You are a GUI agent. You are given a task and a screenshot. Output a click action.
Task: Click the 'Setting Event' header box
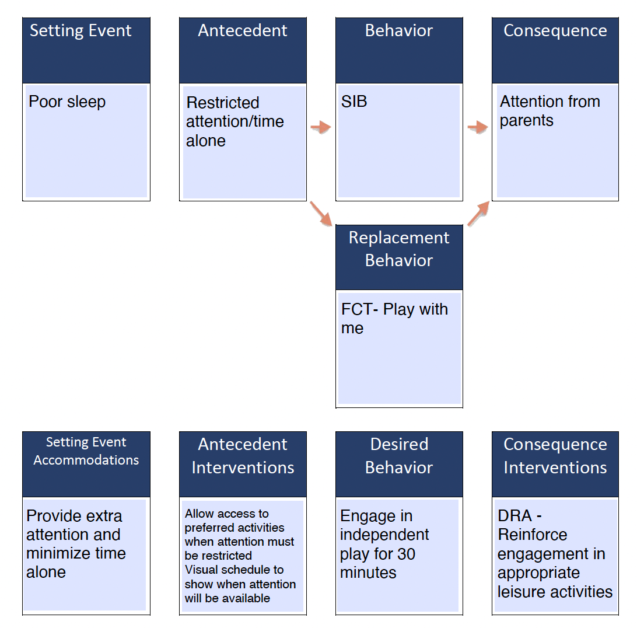click(x=86, y=50)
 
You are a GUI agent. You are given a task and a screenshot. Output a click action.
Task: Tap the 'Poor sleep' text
click(x=67, y=102)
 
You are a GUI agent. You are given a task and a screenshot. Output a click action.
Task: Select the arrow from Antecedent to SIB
click(x=320, y=127)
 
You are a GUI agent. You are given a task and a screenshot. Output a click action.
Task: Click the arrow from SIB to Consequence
click(x=477, y=127)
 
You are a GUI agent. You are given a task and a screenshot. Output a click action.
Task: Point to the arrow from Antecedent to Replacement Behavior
click(x=320, y=213)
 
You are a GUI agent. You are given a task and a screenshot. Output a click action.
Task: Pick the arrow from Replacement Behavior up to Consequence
click(x=479, y=213)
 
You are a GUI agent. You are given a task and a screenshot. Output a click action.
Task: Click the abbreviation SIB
click(x=354, y=102)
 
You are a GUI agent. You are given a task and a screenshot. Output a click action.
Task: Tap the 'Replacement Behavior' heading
click(x=398, y=249)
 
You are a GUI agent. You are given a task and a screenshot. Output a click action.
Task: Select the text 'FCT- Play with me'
click(x=394, y=318)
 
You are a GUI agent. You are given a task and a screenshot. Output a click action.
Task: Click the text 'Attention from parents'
click(x=549, y=111)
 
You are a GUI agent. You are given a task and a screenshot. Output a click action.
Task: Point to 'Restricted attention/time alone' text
click(x=235, y=121)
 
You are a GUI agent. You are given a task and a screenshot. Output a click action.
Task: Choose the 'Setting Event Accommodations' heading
click(x=86, y=451)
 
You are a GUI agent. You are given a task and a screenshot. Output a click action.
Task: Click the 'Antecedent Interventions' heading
click(x=242, y=456)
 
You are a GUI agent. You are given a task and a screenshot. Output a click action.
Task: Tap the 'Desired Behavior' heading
click(x=398, y=456)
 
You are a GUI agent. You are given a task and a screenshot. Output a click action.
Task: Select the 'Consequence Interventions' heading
click(x=555, y=456)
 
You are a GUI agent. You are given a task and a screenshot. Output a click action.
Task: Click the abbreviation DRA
click(x=515, y=516)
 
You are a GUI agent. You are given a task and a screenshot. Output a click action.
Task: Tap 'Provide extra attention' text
click(x=74, y=525)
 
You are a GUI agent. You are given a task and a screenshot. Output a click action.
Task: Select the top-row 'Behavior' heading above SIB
click(x=398, y=30)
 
